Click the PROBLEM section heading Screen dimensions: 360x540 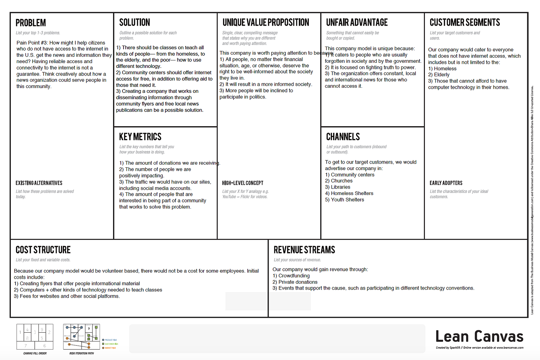[x=31, y=23]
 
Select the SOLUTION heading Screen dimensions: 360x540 [x=135, y=23]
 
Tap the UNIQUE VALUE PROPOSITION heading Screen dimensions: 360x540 [x=266, y=23]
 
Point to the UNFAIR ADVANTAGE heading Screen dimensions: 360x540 [x=357, y=23]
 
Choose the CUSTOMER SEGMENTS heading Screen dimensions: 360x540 [x=465, y=23]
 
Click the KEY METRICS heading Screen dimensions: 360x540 [x=140, y=137]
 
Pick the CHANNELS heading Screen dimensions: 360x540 [x=343, y=137]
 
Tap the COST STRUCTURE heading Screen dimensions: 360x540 [x=43, y=250]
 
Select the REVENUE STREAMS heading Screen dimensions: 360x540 [x=304, y=250]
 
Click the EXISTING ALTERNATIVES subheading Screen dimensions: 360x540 [x=39, y=183]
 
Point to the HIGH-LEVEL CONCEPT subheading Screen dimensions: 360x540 [x=243, y=183]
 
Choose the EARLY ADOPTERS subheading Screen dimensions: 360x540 [x=446, y=183]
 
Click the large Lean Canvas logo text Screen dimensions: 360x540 [x=479, y=336]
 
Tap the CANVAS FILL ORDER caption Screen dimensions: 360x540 [x=35, y=353]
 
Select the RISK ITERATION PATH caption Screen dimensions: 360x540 [x=81, y=353]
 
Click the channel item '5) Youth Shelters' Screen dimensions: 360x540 [x=345, y=200]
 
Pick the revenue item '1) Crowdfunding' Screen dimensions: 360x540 [x=291, y=276]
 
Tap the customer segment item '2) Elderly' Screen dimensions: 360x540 [x=439, y=75]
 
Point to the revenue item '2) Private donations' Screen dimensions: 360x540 [x=295, y=282]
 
